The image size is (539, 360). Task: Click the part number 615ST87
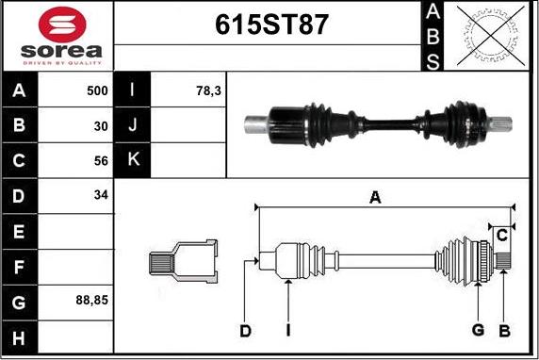click(x=268, y=25)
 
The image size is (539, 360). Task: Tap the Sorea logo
click(x=57, y=37)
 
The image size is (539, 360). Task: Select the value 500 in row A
click(x=95, y=90)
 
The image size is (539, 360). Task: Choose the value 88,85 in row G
click(x=91, y=301)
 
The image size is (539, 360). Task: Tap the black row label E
click(x=20, y=231)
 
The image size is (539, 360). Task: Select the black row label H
click(x=20, y=336)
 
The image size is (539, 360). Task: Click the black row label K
click(x=133, y=160)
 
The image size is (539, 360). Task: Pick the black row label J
click(x=133, y=125)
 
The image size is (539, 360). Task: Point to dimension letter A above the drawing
click(x=375, y=197)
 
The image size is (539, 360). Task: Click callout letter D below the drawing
click(x=245, y=330)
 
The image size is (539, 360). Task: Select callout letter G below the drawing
click(x=478, y=330)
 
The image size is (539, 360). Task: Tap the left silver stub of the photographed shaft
click(x=257, y=122)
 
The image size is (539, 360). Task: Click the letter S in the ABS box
click(x=432, y=60)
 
